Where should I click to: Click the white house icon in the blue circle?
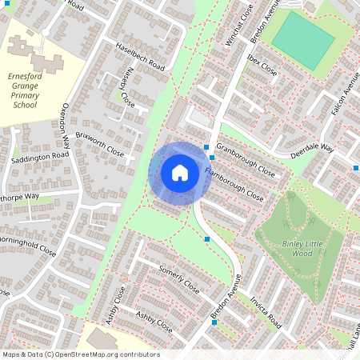pyautogui.click(x=180, y=172)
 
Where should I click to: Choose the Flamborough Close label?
pyautogui.click(x=234, y=183)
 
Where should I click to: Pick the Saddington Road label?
pyautogui.click(x=39, y=156)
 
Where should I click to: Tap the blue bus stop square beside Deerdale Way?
pyautogui.click(x=355, y=167)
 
